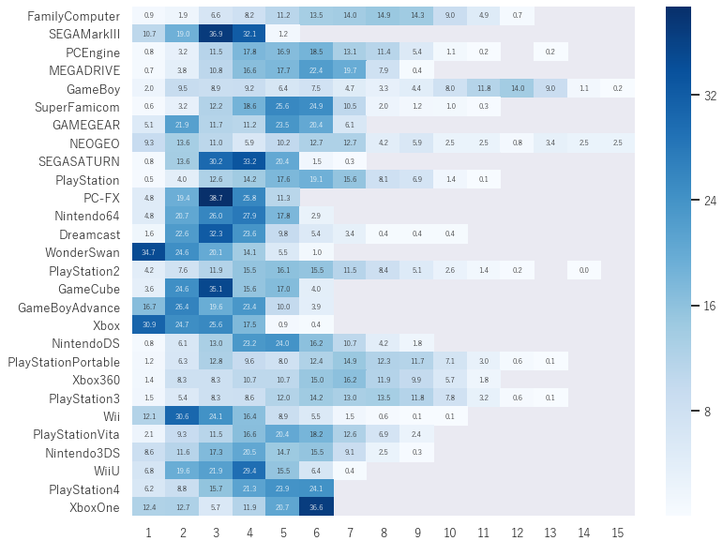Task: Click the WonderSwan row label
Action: point(83,252)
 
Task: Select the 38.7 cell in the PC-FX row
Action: point(216,198)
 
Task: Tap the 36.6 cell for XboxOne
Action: point(316,506)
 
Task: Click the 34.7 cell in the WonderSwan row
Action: point(149,252)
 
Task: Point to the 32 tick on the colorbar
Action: point(710,96)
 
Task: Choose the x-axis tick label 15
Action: point(617,533)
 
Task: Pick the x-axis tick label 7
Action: point(350,533)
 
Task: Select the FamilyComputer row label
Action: point(73,16)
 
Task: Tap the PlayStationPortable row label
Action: point(64,362)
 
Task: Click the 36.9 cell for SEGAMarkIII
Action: point(216,34)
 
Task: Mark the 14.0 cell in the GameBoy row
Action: point(517,88)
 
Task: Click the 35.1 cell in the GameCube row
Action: point(216,289)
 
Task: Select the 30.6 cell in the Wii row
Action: point(183,415)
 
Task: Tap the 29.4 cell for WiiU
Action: point(249,470)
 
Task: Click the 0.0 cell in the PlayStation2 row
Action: point(583,270)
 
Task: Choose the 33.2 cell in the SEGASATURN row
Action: point(249,161)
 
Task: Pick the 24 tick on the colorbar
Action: point(710,201)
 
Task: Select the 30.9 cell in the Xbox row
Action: point(149,324)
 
